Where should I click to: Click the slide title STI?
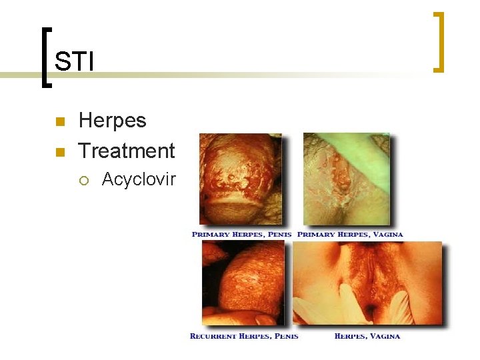click(74, 62)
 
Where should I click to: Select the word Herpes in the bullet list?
click(112, 121)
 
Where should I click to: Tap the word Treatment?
click(127, 151)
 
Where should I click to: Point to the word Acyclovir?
click(138, 179)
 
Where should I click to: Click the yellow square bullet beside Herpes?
click(59, 122)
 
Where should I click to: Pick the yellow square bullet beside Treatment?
click(59, 152)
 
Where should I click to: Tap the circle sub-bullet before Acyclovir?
click(85, 179)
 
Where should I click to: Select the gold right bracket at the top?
click(439, 41)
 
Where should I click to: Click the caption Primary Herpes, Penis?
click(242, 235)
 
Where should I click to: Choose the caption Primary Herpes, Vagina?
click(350, 235)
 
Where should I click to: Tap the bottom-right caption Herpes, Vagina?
click(367, 336)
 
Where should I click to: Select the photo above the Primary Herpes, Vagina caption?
click(347, 179)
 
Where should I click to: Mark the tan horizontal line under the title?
click(200, 75)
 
